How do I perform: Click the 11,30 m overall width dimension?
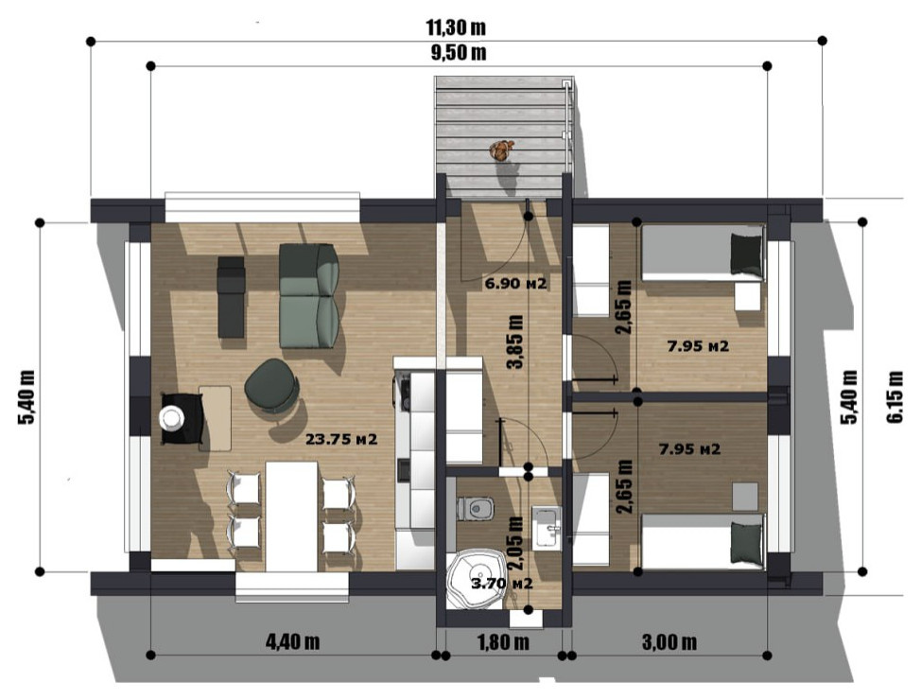(456, 27)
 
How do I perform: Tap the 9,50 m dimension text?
(459, 53)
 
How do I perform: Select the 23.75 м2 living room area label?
(341, 439)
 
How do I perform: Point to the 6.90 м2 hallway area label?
(515, 284)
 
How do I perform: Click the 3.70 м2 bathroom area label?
(502, 585)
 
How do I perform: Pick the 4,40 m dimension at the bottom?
(292, 641)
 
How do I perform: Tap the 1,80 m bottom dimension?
(503, 641)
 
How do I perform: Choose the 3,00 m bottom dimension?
(669, 641)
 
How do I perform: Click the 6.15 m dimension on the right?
(895, 396)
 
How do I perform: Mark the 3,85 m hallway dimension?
(514, 342)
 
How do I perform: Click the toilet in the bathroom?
(476, 508)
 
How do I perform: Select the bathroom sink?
(547, 529)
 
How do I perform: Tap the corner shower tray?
(475, 579)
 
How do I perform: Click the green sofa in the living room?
(309, 295)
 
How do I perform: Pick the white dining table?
(291, 516)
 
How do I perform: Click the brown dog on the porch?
(501, 150)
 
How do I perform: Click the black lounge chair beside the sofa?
(231, 297)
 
